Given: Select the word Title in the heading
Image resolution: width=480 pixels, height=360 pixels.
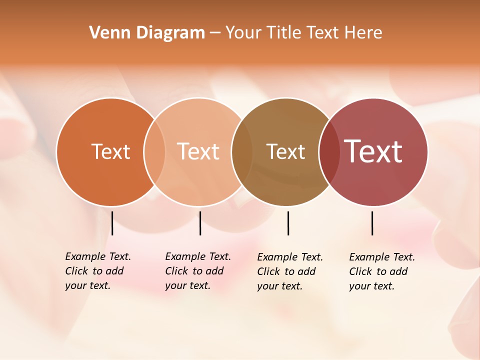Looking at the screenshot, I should [284, 33].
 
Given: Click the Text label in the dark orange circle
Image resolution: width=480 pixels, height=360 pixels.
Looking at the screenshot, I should [110, 151].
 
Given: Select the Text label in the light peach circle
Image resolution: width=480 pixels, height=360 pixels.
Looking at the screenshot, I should [198, 151].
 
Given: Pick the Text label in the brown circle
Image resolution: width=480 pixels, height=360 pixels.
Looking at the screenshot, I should [285, 151].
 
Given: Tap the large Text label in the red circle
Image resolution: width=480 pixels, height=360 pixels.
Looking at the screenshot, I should [373, 151].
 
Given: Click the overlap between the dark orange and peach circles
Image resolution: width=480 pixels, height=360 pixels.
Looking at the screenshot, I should [154, 152].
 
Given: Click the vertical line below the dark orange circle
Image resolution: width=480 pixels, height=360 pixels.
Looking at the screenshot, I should [112, 223].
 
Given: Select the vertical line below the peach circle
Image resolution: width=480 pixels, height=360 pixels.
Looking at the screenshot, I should [200, 223].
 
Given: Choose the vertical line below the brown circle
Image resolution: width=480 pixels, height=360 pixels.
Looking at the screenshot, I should [288, 223].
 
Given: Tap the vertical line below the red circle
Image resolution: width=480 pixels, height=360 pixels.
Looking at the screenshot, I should [372, 223].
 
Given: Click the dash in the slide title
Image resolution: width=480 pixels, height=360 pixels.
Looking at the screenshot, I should [215, 33].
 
